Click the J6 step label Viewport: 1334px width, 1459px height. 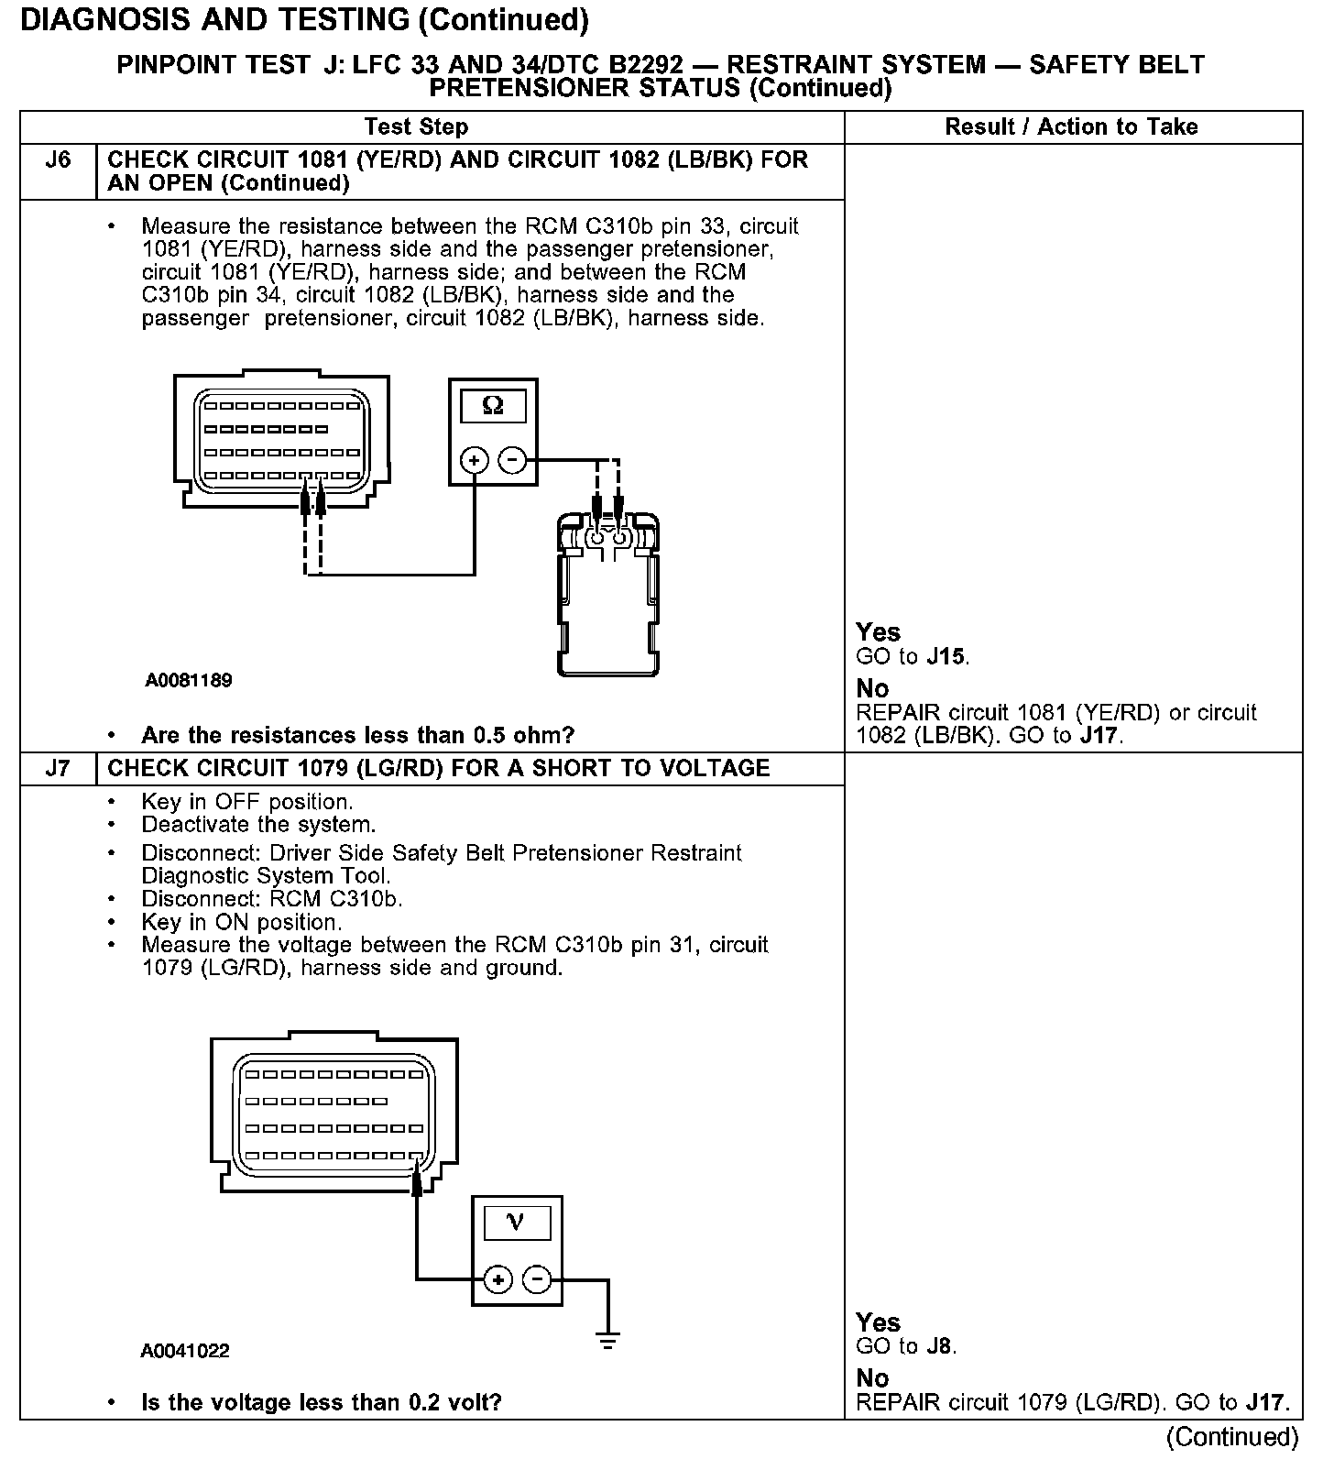[x=58, y=160]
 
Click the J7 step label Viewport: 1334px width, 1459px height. [x=58, y=768]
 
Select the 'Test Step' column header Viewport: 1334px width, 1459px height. [x=416, y=127]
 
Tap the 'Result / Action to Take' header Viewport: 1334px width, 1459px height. [x=1071, y=127]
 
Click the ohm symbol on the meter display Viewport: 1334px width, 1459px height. [x=493, y=406]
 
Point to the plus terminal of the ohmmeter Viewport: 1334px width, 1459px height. [x=474, y=459]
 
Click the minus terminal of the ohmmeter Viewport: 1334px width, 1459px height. [x=512, y=459]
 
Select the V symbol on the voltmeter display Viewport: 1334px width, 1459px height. [x=516, y=1223]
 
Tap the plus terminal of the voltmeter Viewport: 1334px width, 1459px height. [x=498, y=1278]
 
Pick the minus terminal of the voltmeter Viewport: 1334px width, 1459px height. [x=537, y=1278]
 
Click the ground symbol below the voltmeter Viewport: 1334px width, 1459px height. [x=607, y=1340]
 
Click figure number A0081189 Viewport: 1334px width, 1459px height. [x=189, y=681]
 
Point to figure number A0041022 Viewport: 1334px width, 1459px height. [x=185, y=1351]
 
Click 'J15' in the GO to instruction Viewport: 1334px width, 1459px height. [x=946, y=657]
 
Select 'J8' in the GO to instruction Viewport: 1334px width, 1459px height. [x=939, y=1346]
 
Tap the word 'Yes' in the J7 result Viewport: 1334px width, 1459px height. [x=878, y=1322]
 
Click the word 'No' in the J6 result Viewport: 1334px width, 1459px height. [x=872, y=688]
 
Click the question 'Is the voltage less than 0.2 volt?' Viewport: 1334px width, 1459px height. [x=321, y=1402]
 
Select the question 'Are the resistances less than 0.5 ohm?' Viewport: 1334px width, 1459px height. [x=357, y=735]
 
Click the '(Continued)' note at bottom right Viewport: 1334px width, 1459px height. [x=1232, y=1436]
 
